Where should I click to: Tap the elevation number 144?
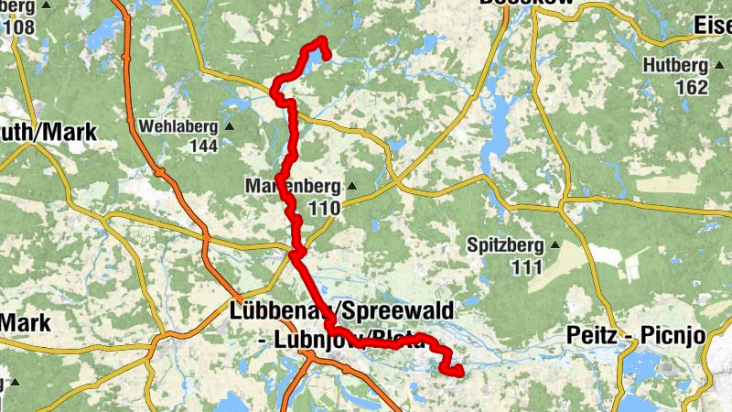point(203,146)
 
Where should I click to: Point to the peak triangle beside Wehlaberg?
point(229,126)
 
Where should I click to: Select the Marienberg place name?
point(293,187)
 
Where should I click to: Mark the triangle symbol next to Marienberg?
point(350,187)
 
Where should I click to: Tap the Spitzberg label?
point(504,245)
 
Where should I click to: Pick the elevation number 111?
point(528,267)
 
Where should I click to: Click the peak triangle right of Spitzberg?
point(554,245)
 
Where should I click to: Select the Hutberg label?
point(675,66)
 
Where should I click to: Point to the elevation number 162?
point(692,88)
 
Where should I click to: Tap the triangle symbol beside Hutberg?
point(717,66)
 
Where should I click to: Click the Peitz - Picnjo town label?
point(636,334)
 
